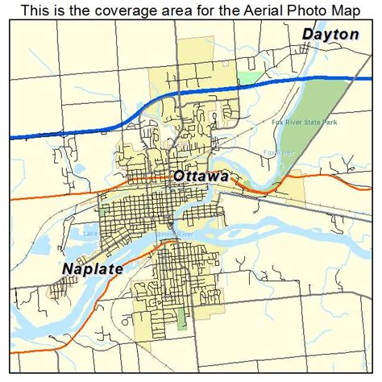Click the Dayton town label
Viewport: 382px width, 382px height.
point(330,34)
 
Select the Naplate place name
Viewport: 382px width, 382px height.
point(92,268)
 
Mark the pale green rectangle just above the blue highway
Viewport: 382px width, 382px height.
point(251,77)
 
